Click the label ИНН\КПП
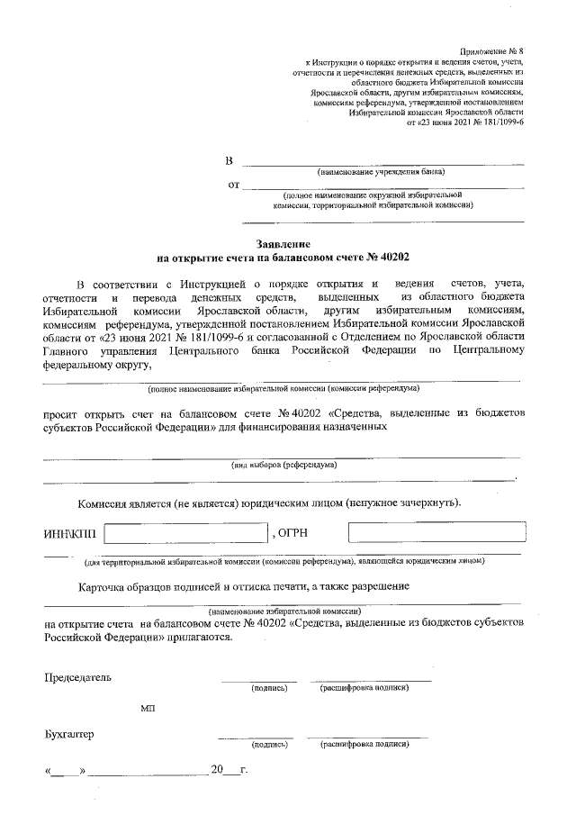70,535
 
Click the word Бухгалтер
69,734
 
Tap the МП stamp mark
148,709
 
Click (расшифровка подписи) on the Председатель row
364,689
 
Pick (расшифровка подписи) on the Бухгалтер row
364,745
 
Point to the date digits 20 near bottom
215,771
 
